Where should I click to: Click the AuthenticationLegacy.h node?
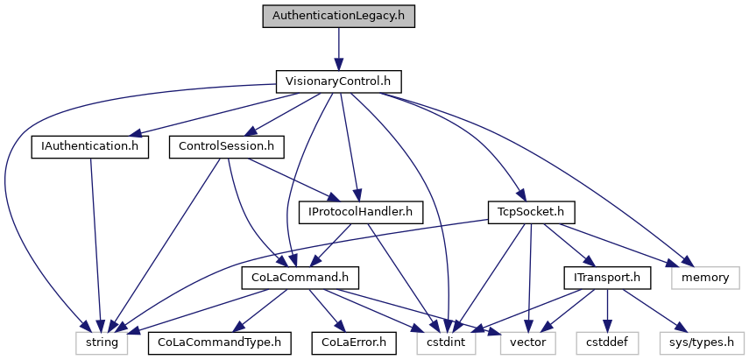pos(338,16)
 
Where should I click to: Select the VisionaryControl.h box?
pos(338,81)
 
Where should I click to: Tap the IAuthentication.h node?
pos(89,146)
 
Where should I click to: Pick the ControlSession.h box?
pos(228,146)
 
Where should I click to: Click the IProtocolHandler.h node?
pos(361,212)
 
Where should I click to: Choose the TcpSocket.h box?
pos(531,212)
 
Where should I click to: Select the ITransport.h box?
pos(608,278)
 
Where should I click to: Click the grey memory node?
pos(706,278)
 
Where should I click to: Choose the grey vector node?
pos(528,342)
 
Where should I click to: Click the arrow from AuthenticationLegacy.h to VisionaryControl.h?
pos(338,48)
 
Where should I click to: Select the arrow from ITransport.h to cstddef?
pos(608,310)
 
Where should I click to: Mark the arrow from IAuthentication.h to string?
pos(94,245)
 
